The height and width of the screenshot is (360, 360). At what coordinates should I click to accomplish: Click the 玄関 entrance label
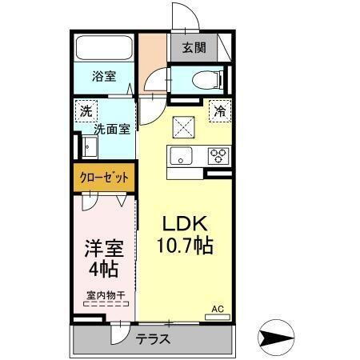pos(194,47)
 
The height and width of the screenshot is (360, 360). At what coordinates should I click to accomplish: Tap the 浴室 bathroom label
pos(104,77)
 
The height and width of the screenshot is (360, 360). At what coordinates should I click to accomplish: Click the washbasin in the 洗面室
pos(89,148)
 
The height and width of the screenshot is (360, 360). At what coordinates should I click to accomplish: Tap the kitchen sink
pos(180,156)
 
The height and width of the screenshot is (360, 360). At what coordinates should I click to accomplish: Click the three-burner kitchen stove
pos(218,156)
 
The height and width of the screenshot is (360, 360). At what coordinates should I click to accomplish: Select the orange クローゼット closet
pos(104,177)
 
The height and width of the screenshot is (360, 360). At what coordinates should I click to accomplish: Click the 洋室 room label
pos(105,246)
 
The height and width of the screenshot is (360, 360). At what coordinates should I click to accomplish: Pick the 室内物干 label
pos(106,294)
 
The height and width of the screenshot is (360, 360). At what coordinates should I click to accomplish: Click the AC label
pos(218,308)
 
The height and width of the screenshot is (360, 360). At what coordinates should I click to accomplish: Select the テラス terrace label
pos(152,338)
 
